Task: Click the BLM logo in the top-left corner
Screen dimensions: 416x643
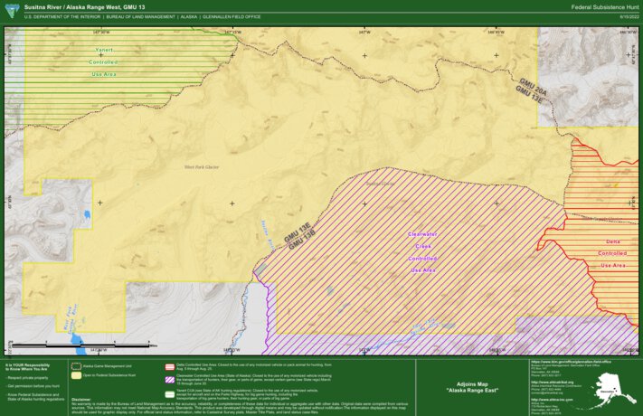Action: coord(11,10)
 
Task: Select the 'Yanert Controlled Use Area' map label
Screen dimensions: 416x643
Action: coord(103,61)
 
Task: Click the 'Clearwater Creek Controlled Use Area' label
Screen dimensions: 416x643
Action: coord(422,251)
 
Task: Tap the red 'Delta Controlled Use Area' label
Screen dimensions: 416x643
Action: coord(612,253)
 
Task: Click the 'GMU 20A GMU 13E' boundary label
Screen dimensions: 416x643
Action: coord(532,88)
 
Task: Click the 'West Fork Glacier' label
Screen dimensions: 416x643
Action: coord(203,166)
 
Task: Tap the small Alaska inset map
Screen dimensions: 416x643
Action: coord(615,388)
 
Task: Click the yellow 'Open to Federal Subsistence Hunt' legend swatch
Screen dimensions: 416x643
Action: coord(77,374)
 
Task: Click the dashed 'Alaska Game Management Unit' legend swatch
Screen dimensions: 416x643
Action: coord(77,365)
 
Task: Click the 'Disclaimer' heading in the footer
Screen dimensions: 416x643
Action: coord(80,397)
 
